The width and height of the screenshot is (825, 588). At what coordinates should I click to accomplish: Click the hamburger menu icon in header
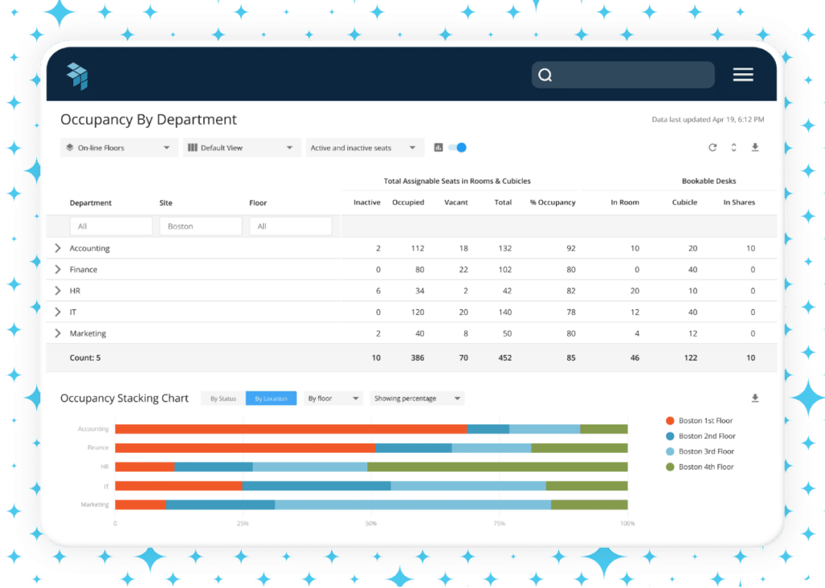(x=743, y=75)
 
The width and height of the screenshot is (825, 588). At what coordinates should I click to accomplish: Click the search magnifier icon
(x=545, y=75)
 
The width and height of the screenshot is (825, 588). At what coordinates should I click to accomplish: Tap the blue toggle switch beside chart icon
(x=458, y=147)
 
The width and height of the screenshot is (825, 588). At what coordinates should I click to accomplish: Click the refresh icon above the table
(x=712, y=147)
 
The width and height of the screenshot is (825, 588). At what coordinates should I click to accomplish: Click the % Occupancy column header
(x=552, y=202)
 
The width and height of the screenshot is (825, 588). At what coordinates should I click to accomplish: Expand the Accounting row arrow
(x=57, y=248)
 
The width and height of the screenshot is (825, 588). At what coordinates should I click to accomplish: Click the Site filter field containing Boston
(x=201, y=226)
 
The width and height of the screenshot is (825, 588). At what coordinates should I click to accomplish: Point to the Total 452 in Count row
(x=504, y=358)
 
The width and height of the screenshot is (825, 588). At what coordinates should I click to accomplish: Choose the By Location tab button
(x=271, y=399)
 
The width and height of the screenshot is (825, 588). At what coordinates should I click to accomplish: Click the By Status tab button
(x=223, y=399)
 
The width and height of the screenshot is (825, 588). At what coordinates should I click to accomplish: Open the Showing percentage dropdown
(x=417, y=399)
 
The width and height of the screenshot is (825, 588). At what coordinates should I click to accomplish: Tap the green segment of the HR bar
(x=497, y=466)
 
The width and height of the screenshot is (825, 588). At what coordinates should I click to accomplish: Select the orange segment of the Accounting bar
(x=290, y=429)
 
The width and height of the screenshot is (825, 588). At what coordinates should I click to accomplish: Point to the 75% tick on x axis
(x=499, y=524)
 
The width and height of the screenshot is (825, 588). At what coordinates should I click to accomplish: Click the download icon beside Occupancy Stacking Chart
(x=755, y=398)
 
